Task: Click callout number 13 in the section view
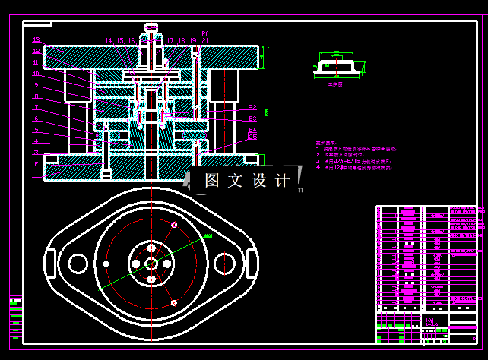tap(36, 40)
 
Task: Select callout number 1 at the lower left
tap(36, 175)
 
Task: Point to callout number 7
tap(36, 107)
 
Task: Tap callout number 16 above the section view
tap(131, 40)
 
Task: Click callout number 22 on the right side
tap(252, 107)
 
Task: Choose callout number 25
tap(252, 137)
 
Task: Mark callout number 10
tap(36, 74)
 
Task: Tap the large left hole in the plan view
tap(78, 263)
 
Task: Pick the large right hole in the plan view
tap(223, 263)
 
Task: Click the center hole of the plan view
tap(151, 263)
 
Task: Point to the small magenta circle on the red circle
tap(174, 225)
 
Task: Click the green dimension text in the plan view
tap(208, 236)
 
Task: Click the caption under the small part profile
tap(335, 85)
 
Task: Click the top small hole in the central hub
tap(151, 248)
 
